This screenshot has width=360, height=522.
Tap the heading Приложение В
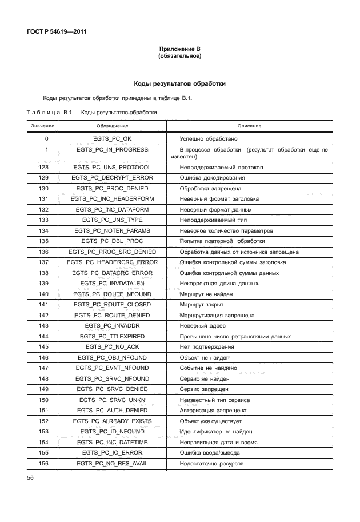coord(179,50)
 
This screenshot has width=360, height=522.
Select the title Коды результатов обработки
coord(179,84)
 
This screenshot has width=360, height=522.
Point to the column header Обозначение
coord(112,126)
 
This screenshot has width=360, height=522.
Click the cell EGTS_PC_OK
coord(112,139)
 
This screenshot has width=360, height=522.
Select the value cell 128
coord(47,167)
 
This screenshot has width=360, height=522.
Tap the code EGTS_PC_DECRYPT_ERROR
coord(112,178)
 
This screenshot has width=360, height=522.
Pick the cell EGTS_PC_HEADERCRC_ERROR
coord(112,262)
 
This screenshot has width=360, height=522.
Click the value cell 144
coord(47,336)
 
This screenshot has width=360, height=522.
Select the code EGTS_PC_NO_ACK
coord(112,347)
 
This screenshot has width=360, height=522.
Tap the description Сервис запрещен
coord(204,389)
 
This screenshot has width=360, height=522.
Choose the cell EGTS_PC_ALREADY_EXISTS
coord(112,421)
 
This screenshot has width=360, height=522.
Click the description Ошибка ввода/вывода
coord(210,453)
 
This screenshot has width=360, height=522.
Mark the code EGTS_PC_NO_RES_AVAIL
coord(112,463)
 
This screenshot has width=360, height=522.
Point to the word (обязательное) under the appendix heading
coord(179,57)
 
